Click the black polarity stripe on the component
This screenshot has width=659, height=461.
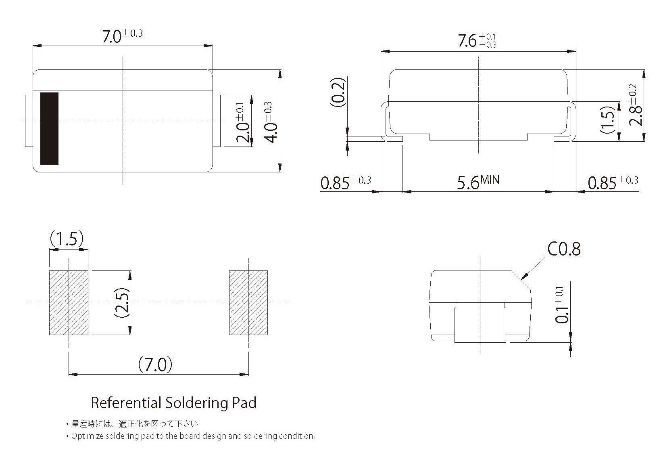click(49, 128)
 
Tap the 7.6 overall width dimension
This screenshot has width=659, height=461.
click(477, 41)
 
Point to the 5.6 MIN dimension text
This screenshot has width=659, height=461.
click(478, 182)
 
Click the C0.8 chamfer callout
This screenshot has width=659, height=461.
click(564, 249)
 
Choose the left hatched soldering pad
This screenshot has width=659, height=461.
click(69, 303)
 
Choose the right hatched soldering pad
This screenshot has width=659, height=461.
click(248, 303)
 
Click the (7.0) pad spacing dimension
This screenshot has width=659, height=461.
click(155, 365)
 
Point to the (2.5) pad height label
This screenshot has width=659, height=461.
click(121, 302)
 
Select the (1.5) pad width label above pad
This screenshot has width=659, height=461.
click(67, 239)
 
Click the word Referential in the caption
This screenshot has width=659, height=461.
click(126, 403)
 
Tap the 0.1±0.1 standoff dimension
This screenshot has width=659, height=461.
click(561, 304)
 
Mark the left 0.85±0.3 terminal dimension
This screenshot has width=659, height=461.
click(345, 182)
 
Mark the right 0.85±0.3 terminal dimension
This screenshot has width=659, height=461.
click(613, 182)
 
